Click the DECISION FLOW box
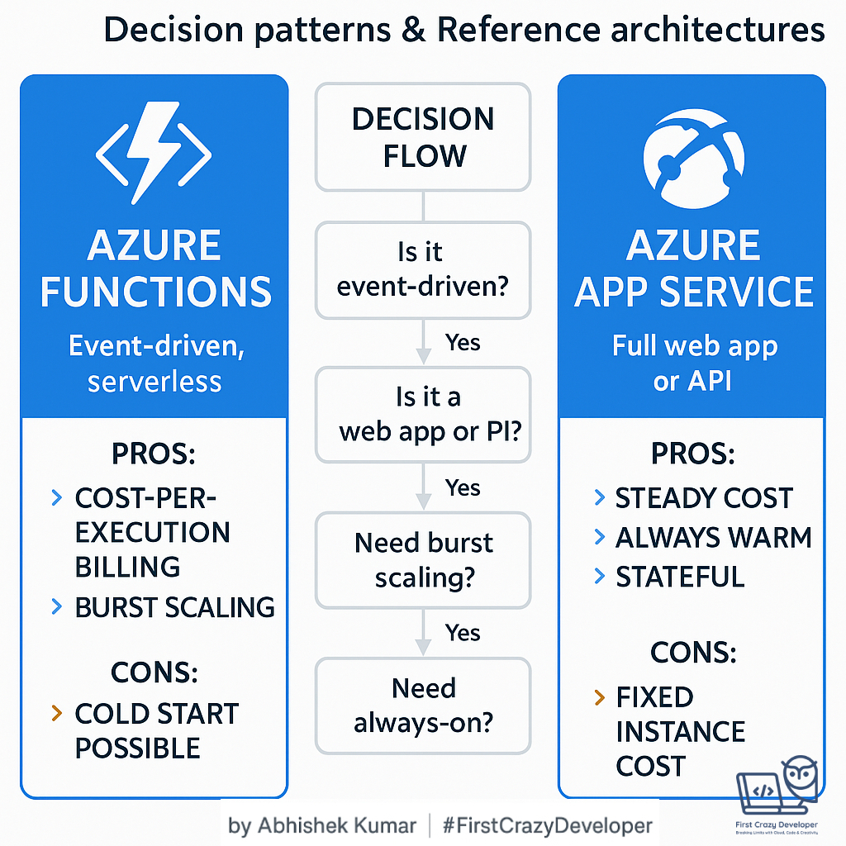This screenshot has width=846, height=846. [x=423, y=137]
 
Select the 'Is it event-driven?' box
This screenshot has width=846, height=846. [x=423, y=269]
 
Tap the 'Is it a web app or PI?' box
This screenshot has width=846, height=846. [x=423, y=414]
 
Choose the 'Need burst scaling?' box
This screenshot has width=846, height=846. [x=423, y=559]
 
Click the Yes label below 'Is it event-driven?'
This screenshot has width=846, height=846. [x=462, y=342]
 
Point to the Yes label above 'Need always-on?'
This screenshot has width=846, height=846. [x=462, y=633]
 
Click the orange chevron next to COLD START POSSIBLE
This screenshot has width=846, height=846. [x=57, y=713]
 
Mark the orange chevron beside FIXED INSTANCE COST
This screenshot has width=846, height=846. [x=600, y=698]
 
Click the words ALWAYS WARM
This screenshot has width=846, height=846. [x=714, y=538]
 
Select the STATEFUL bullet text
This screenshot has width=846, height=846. [x=680, y=577]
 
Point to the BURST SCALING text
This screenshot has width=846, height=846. [x=174, y=608]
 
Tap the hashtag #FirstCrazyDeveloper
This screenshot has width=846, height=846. [x=547, y=825]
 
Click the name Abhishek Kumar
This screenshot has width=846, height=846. [x=335, y=825]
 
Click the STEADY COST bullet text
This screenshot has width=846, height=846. [x=704, y=498]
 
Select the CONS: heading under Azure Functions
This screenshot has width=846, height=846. [x=154, y=672]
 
